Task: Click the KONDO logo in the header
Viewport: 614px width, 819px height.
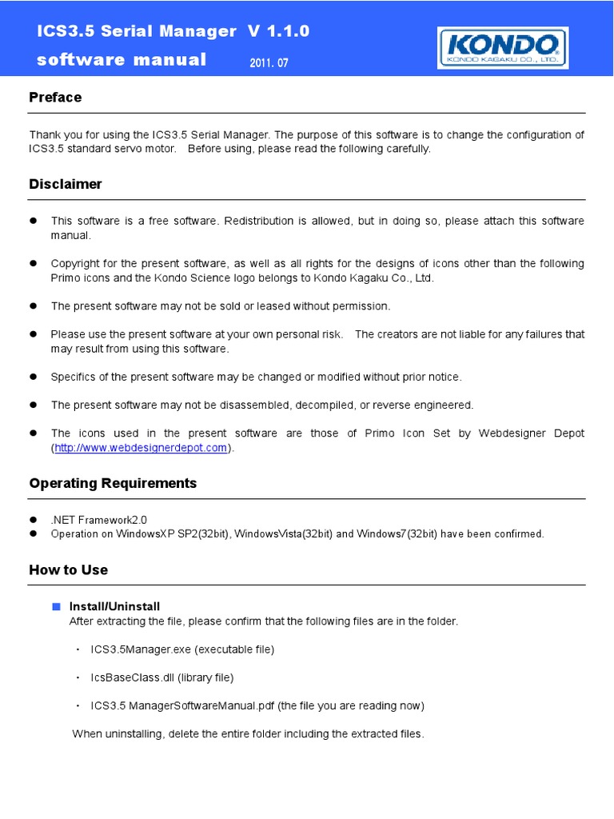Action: [x=502, y=48]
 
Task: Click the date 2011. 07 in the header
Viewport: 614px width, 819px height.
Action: [x=269, y=63]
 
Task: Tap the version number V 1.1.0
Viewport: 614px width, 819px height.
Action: [x=278, y=31]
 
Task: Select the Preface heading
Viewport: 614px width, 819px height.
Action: [x=55, y=98]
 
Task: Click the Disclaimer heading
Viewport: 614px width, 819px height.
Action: [x=66, y=184]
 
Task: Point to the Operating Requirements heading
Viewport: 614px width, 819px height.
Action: [x=113, y=483]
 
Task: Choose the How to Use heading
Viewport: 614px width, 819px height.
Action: [x=68, y=569]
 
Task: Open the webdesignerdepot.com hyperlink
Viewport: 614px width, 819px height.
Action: [x=142, y=448]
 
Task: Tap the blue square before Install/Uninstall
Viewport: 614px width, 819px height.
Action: [x=57, y=606]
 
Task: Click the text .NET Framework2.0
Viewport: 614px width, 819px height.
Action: [x=99, y=519]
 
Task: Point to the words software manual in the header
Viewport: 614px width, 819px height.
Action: [x=122, y=60]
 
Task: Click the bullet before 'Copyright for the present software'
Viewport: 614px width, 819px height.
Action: [x=34, y=263]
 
